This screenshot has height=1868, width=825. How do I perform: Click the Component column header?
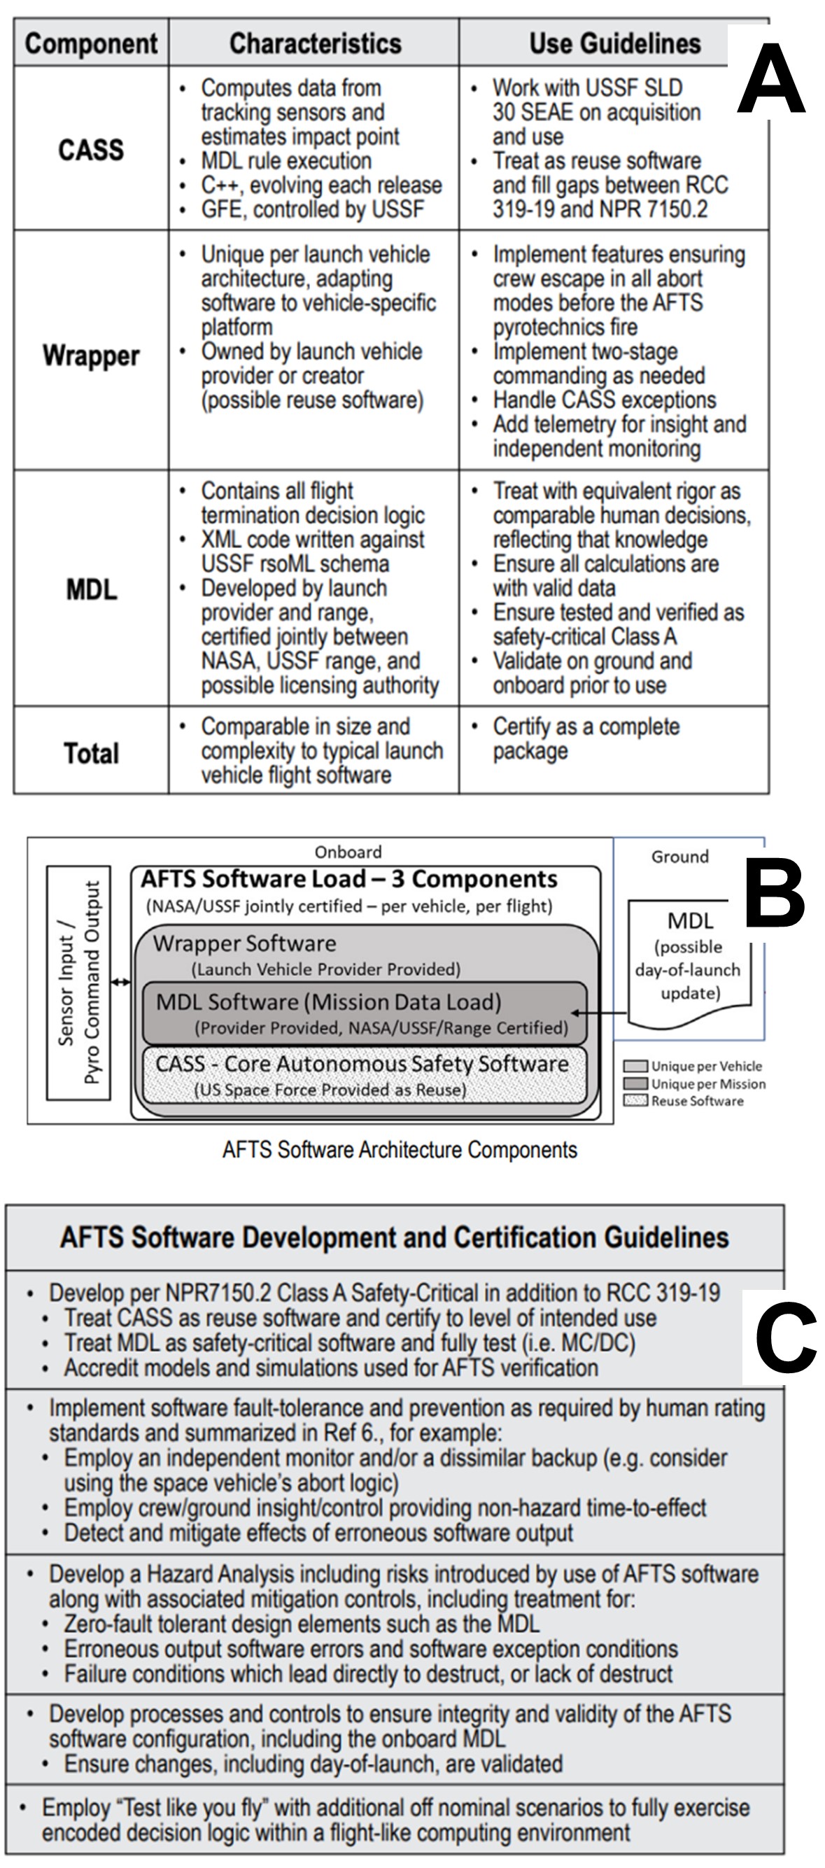pyautogui.click(x=92, y=43)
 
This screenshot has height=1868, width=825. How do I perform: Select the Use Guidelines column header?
pyautogui.click(x=615, y=43)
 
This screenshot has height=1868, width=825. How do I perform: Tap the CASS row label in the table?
pyautogui.click(x=92, y=149)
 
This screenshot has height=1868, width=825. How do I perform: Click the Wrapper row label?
pyautogui.click(x=92, y=356)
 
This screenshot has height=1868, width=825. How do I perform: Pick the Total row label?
pyautogui.click(x=92, y=754)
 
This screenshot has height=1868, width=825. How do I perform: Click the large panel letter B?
pyautogui.click(x=774, y=893)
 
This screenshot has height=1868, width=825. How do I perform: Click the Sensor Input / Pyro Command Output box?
pyautogui.click(x=78, y=983)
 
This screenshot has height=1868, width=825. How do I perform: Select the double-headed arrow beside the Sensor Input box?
pyautogui.click(x=120, y=983)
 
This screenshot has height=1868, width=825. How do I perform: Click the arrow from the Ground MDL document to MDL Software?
pyautogui.click(x=599, y=1012)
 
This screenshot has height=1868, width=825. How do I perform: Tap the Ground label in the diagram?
pyautogui.click(x=680, y=857)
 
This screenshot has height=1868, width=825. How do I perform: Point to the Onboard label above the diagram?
pyautogui.click(x=348, y=851)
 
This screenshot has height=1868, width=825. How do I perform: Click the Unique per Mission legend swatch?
pyautogui.click(x=636, y=1083)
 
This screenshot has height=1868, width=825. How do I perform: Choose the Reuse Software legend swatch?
pyautogui.click(x=636, y=1101)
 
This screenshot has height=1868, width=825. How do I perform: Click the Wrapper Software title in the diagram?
pyautogui.click(x=245, y=943)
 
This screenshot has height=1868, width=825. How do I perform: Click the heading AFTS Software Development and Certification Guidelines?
pyautogui.click(x=395, y=1237)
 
